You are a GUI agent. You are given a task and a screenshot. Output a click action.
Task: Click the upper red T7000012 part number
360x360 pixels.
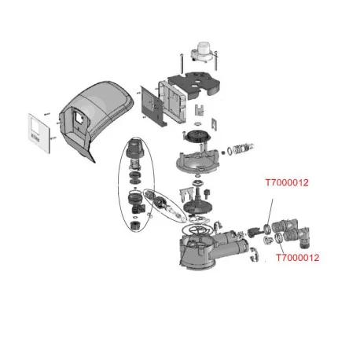(x=287, y=182)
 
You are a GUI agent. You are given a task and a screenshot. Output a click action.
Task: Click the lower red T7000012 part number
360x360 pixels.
(x=298, y=258)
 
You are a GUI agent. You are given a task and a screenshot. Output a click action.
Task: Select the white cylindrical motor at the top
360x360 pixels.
(x=203, y=49)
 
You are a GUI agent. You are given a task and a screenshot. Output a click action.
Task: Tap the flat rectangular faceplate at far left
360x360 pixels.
(x=39, y=133)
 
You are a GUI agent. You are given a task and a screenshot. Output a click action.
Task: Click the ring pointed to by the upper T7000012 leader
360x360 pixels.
(x=267, y=229)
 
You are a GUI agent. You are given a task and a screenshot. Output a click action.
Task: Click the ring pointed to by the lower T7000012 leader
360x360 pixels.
(x=279, y=237)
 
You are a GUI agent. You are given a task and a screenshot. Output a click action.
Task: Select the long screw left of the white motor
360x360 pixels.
(x=182, y=64)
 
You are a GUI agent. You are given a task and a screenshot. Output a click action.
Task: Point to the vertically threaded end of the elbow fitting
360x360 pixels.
(x=305, y=244)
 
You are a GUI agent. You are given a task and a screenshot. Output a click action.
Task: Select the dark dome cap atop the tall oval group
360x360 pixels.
(x=135, y=148)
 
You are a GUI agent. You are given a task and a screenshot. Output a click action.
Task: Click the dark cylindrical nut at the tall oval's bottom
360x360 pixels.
(x=135, y=225)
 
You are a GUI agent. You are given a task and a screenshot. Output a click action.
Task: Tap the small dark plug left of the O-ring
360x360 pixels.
(x=223, y=152)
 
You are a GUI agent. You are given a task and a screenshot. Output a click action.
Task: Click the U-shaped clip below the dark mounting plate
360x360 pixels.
(x=200, y=109)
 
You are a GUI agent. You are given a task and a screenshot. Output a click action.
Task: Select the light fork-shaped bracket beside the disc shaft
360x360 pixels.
(x=186, y=193)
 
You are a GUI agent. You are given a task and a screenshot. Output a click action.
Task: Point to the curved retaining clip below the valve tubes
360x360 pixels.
(x=254, y=254)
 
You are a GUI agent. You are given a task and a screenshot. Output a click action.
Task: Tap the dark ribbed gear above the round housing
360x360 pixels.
(x=198, y=136)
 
